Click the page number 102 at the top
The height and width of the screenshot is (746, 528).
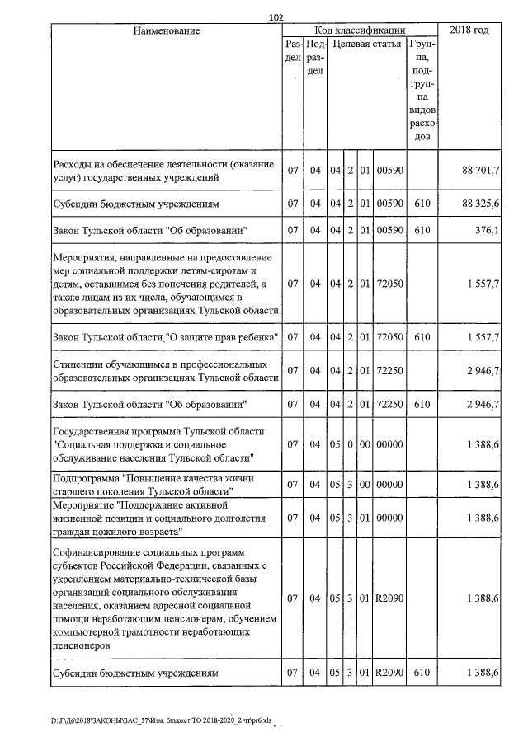point(276,16)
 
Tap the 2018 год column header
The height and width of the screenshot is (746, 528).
point(469,30)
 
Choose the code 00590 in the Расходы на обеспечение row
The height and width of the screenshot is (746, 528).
point(389,170)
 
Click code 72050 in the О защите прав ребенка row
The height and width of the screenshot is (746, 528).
point(389,337)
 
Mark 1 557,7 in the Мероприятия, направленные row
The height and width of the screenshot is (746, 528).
point(483,284)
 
